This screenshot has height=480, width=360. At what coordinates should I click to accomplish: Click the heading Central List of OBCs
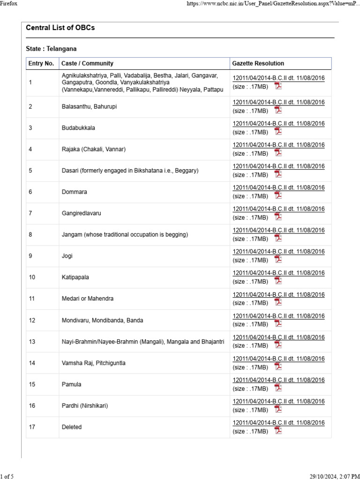coord(60,28)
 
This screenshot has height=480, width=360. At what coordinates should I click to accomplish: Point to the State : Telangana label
coord(52,49)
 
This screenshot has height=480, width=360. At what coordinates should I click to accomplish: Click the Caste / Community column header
coord(88,63)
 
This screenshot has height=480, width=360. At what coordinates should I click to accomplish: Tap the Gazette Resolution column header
coord(258,63)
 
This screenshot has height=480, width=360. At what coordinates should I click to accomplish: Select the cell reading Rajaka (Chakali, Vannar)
coord(94,150)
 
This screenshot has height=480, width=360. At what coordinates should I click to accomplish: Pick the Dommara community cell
coord(75,192)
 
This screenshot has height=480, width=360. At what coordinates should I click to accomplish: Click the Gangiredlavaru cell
coord(82,213)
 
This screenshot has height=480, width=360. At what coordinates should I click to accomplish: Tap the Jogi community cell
coord(67,256)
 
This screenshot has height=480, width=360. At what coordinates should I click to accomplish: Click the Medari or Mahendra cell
coord(88,299)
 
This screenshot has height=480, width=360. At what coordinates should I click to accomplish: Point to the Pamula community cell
coord(72,384)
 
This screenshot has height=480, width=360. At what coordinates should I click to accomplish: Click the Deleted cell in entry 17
coord(72,427)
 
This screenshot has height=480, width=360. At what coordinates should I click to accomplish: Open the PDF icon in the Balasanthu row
coord(278,110)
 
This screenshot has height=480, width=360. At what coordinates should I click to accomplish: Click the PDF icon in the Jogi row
coord(278,260)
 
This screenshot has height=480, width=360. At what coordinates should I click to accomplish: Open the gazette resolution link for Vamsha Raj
coord(278,359)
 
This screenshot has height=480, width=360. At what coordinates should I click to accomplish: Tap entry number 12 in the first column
coord(32,321)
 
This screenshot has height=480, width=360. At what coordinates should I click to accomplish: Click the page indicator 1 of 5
coord(7,477)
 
